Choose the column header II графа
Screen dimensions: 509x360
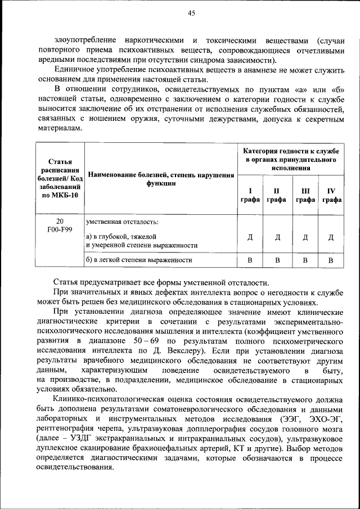click(277, 195)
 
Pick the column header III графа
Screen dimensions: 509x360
click(305, 195)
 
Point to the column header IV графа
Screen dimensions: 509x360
click(332, 195)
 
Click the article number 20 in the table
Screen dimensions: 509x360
click(60, 221)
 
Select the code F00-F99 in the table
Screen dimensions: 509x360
click(60, 229)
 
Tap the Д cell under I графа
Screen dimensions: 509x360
click(250, 237)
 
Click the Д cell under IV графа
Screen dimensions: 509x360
click(331, 237)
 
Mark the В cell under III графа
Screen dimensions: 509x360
click(305, 260)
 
